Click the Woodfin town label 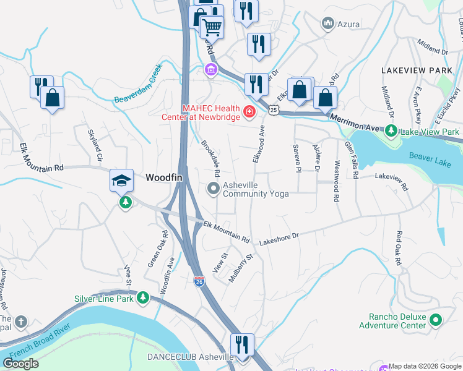point(164,177)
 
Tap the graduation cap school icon point(122,181)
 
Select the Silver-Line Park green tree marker point(143,298)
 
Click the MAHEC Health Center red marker point(249,112)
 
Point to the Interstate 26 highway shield point(199,281)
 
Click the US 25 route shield point(274,109)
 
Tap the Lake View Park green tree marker point(391,131)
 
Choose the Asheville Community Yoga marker point(214,189)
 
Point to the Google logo point(20,364)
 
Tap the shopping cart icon point(211,27)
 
